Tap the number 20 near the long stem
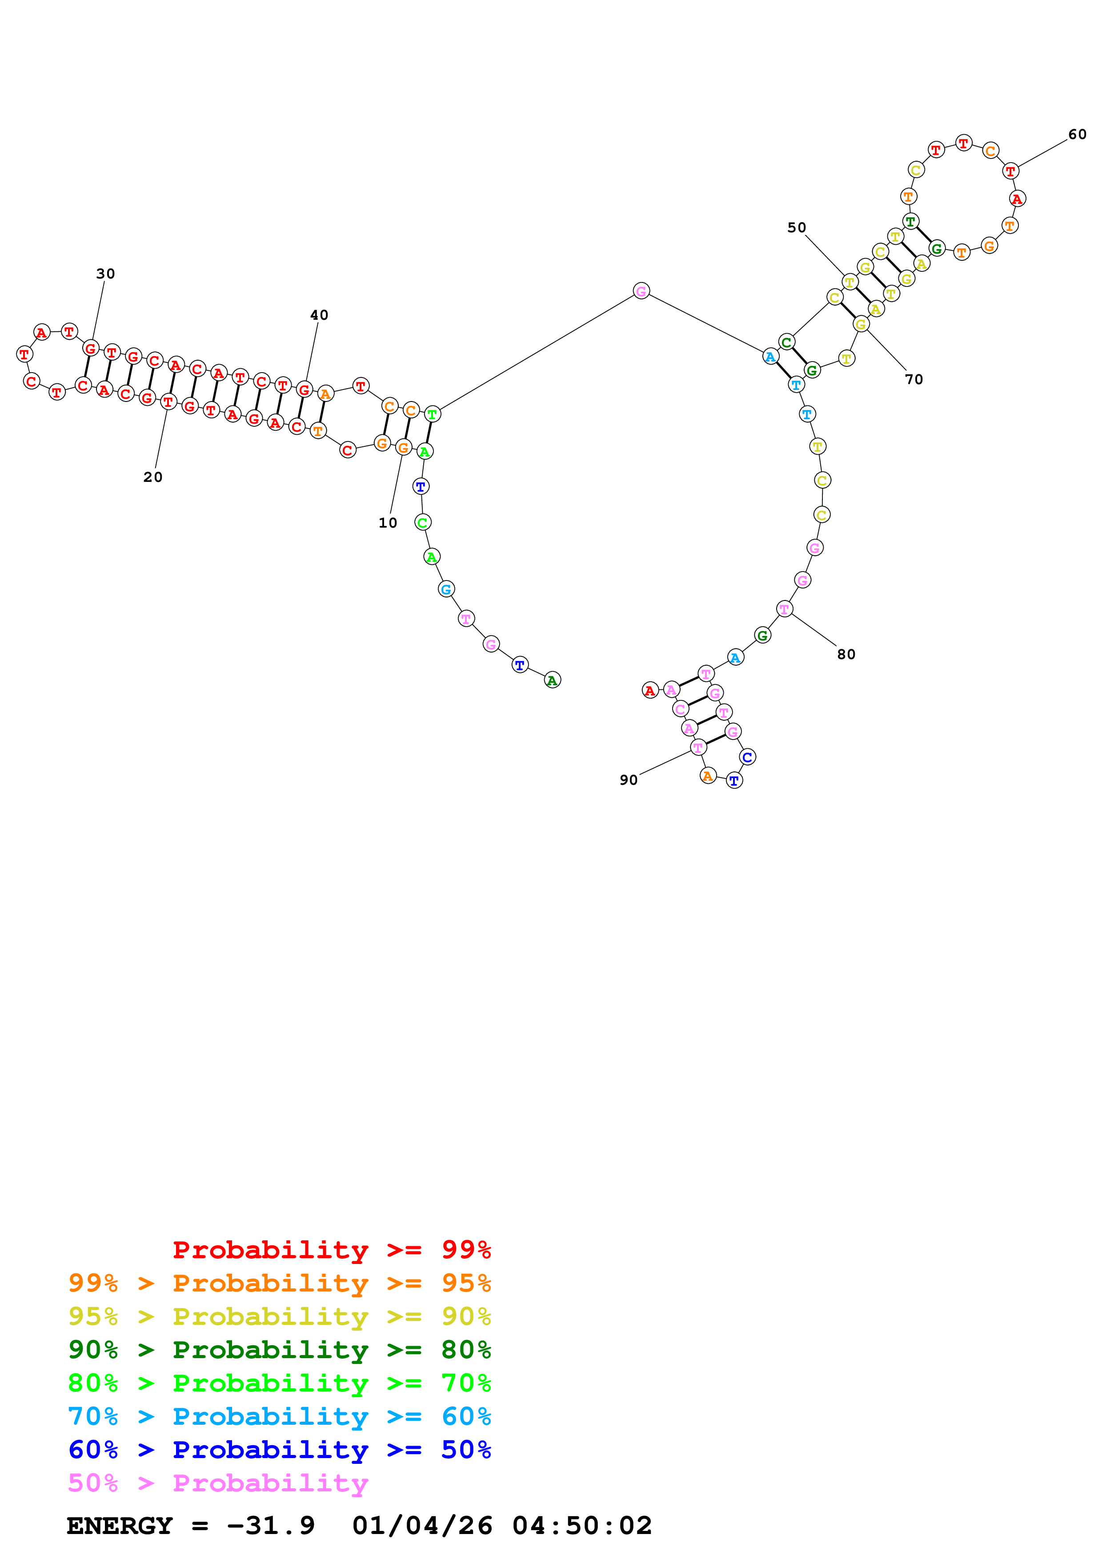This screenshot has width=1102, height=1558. pos(153,477)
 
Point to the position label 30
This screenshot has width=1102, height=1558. pos(105,274)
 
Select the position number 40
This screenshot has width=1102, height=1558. pos(319,315)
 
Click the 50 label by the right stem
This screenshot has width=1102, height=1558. pos(797,227)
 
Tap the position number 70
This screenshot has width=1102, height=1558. pos(914,379)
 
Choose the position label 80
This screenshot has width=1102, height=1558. pos(846,654)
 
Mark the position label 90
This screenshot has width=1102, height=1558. pos(629,780)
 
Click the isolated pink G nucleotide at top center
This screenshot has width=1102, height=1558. pos(641,291)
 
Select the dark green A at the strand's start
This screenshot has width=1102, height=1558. pos(552,680)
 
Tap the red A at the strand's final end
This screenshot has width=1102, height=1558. pos(650,690)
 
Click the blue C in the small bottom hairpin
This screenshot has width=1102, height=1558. pos(747,757)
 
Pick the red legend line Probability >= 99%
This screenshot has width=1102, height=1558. pos(332,1250)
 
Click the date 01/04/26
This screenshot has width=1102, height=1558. pos(422,1526)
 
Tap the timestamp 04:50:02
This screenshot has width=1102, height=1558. pos(582,1526)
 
